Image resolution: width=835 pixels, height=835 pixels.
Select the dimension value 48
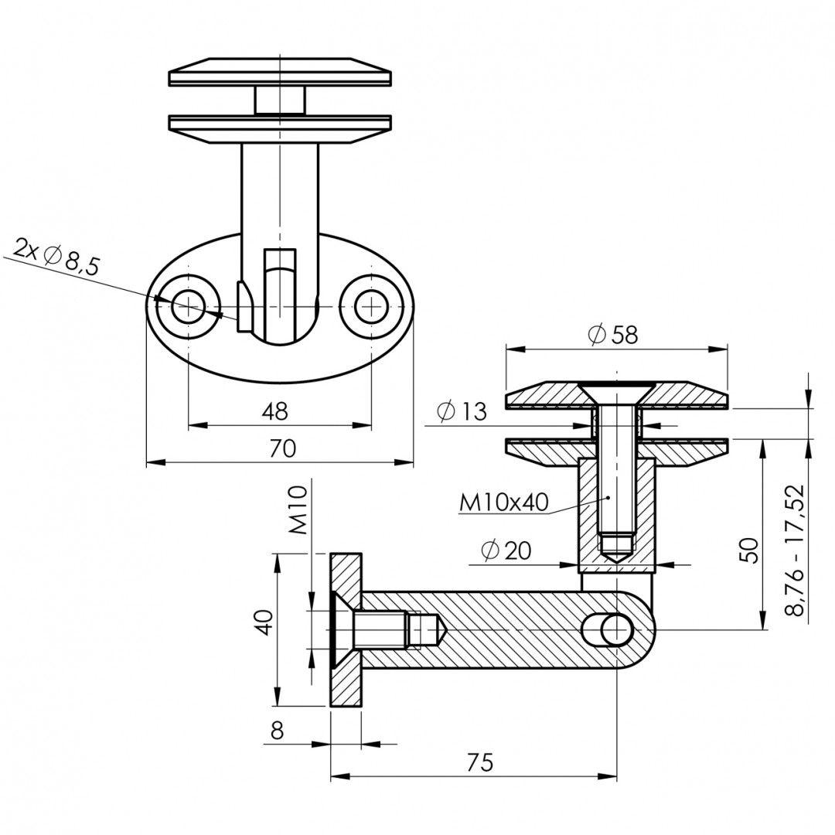point(275,411)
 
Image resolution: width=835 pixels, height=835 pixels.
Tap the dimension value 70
point(282,449)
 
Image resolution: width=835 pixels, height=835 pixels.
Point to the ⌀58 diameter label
point(612,335)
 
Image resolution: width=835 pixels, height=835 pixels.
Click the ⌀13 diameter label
point(461,411)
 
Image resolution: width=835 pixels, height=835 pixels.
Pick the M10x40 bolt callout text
point(503,503)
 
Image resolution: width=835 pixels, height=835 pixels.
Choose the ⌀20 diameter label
point(506,550)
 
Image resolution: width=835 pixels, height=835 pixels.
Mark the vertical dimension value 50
point(748,550)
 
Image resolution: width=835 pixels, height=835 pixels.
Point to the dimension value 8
point(277,731)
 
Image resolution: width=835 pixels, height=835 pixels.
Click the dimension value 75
point(480,762)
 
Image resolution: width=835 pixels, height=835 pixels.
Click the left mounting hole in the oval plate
point(187,307)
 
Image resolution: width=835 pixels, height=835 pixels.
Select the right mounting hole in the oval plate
point(371,307)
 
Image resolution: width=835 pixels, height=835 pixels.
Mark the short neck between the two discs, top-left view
point(280,100)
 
